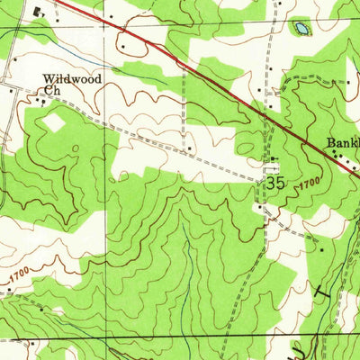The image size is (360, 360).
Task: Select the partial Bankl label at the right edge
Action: point(343,143)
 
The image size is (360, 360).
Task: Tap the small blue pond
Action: point(299,30)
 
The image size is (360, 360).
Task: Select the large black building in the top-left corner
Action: point(38,12)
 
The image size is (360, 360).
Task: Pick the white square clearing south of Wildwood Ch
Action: point(54,121)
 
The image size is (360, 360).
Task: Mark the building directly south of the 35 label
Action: point(259,208)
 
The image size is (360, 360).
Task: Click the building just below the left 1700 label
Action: point(41,308)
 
